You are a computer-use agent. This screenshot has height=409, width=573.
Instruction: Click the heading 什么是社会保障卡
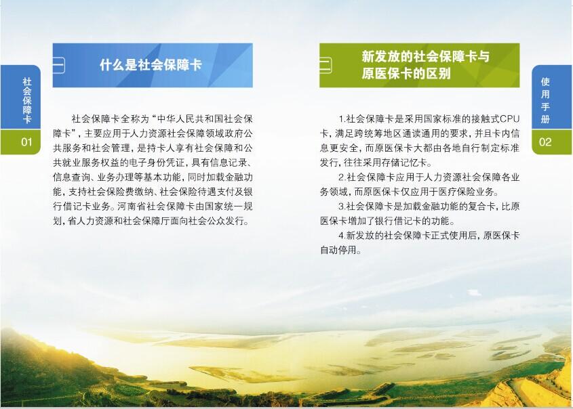(151, 65)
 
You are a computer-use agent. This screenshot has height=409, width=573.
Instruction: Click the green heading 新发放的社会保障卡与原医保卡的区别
(425, 65)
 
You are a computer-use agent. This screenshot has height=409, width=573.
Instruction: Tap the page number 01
(26, 142)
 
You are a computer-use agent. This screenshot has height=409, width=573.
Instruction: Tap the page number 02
(545, 142)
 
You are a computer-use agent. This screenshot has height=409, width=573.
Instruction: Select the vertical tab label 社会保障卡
(26, 100)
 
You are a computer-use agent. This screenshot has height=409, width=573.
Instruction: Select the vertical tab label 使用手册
(545, 100)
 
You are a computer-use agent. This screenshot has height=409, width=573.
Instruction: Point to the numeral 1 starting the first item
(341, 119)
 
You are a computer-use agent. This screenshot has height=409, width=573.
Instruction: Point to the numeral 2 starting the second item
(341, 177)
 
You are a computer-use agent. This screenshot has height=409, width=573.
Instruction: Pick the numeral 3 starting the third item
(341, 207)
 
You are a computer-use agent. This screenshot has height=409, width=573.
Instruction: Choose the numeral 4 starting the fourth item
(341, 236)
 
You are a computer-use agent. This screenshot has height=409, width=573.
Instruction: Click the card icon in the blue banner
(59, 65)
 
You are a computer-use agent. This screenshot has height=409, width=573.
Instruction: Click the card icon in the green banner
(325, 65)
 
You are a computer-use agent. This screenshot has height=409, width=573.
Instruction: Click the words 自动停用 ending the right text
(338, 251)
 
